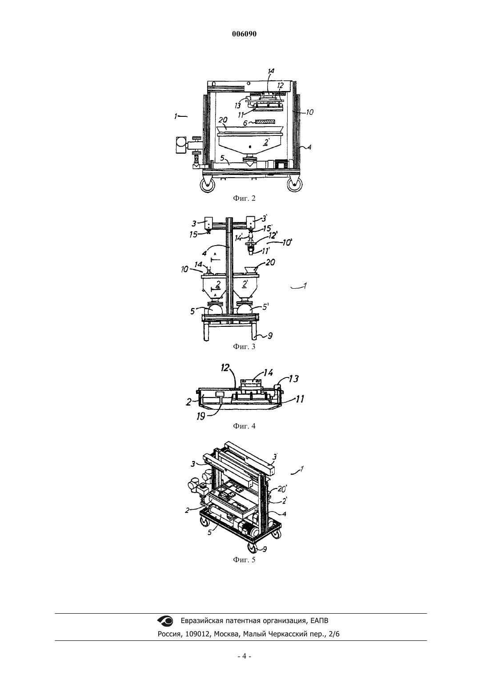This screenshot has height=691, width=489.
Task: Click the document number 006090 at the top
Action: coord(244,34)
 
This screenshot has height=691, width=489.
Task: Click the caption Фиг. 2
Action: coord(244,198)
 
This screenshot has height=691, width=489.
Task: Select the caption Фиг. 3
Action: coord(244,346)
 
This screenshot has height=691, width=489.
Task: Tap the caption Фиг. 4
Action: coord(244,426)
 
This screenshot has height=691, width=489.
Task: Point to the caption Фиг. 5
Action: coord(244,560)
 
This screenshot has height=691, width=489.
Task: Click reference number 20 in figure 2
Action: coord(223,120)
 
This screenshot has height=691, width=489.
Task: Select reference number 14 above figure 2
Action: coord(271,71)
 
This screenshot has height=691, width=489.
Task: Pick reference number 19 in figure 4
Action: coord(201,416)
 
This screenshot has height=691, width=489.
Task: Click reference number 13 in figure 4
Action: coord(294,378)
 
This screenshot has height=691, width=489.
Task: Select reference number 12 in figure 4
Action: coord(225,367)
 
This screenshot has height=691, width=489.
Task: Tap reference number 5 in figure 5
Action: coord(210,532)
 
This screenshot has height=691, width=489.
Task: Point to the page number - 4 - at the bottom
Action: coord(244,662)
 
